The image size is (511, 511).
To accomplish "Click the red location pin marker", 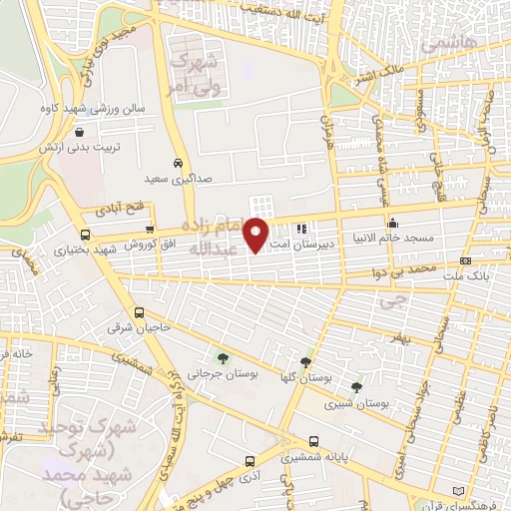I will [x=257, y=234].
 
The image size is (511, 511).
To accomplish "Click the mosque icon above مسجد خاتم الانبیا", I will [x=393, y=223].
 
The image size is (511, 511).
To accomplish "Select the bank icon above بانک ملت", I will [x=465, y=260].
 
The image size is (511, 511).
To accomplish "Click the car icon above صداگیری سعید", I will [x=177, y=163].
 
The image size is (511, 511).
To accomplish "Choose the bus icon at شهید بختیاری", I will [x=84, y=236].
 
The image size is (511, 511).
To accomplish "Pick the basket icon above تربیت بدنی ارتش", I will [x=78, y=132].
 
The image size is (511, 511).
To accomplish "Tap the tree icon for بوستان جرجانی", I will [x=223, y=357].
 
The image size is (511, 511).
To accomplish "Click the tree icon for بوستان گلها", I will [x=305, y=363].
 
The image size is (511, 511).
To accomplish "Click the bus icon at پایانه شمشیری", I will [x=313, y=441].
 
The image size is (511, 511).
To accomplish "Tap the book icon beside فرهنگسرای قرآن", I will [x=458, y=491].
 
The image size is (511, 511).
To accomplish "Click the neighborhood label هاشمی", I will [x=448, y=44].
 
